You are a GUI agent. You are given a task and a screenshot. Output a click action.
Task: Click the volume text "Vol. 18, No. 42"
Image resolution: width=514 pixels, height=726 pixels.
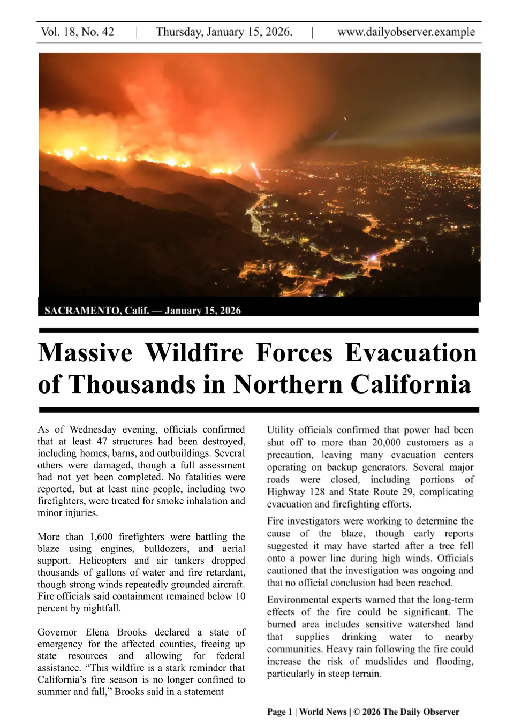coord(78,32)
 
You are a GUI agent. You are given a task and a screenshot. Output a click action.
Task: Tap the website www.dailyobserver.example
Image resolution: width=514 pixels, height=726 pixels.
coord(406,32)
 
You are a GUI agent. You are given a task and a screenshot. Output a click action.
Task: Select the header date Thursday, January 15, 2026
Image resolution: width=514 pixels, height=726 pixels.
coord(224,32)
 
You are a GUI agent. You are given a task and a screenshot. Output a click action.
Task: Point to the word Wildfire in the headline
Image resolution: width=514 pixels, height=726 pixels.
coord(194,353)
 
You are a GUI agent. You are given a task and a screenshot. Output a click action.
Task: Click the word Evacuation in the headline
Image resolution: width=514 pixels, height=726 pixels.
coord(410,353)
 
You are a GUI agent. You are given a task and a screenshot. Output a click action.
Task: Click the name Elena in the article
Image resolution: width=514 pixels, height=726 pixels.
coord(97,632)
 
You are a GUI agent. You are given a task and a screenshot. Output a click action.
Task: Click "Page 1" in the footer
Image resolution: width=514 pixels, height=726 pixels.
coord(279,712)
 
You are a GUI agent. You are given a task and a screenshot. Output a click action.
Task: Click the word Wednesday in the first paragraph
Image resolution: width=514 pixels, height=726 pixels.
coord(93,429)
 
